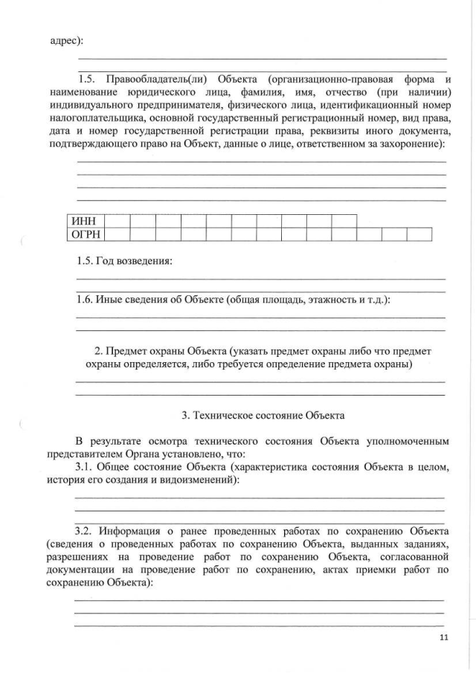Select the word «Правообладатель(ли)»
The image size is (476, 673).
[154, 78]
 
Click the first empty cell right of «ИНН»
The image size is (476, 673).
[118, 221]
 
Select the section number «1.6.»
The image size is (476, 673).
[87, 300]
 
